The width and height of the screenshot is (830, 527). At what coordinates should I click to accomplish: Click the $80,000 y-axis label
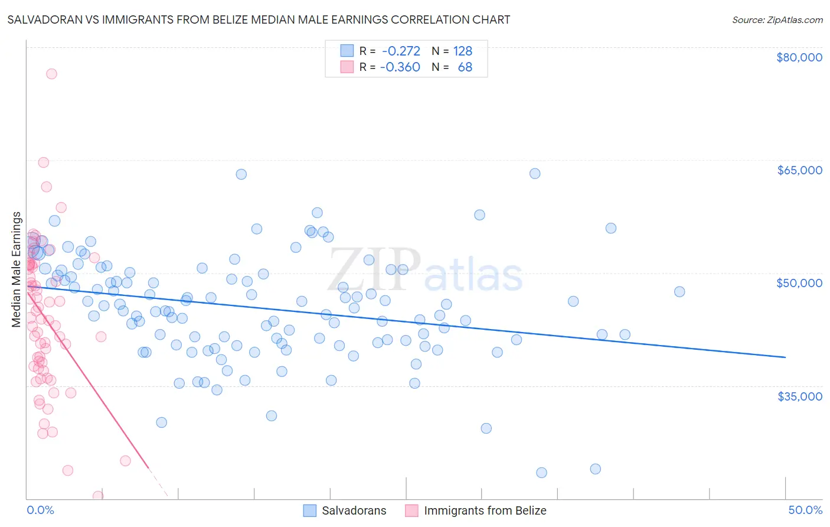coord(799,57)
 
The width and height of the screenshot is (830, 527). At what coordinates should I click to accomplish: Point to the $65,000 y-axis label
coord(799,170)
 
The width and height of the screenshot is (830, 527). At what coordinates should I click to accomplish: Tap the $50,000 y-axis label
coord(799,283)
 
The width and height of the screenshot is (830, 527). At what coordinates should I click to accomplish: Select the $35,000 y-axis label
coord(799,396)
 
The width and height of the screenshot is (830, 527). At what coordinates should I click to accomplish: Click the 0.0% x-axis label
coord(40,510)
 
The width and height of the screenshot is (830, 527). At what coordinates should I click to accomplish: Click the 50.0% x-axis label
coord(805,510)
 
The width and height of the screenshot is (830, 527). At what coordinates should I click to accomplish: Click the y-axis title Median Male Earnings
coord(17,269)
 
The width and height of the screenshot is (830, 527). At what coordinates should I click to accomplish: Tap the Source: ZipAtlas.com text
coord(777,19)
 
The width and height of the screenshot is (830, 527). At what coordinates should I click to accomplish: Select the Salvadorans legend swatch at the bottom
coord(311,510)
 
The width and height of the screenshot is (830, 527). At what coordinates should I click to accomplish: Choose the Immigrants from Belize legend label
coord(485,510)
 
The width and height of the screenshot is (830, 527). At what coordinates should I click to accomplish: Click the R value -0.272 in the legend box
coord(401,51)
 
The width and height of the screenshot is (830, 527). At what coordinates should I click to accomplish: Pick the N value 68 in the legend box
coord(465,67)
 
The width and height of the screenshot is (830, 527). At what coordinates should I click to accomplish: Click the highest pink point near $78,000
coord(51,74)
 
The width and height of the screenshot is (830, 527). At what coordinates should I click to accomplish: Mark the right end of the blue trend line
coord(785,357)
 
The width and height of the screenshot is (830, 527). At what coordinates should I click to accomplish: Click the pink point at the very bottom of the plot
coord(98,496)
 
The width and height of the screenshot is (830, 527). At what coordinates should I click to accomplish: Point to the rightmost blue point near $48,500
coord(679,292)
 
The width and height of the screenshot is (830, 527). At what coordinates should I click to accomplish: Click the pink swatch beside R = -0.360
coord(347,67)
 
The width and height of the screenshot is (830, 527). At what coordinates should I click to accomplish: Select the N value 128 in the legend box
coord(462,51)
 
